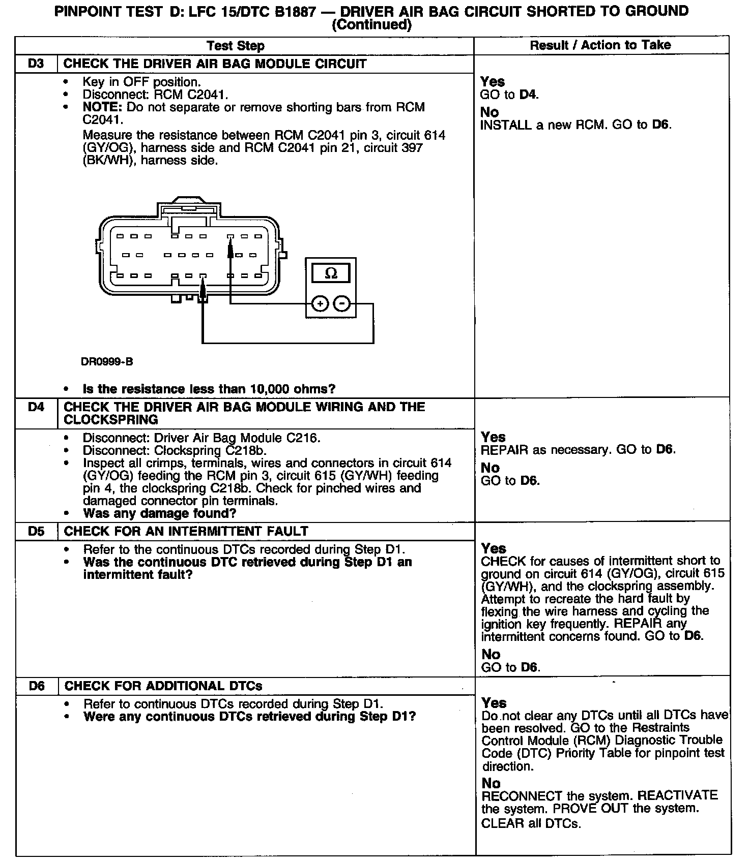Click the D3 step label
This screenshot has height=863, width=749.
click(36, 64)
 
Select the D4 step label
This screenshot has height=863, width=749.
click(36, 407)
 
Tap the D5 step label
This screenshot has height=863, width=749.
click(36, 532)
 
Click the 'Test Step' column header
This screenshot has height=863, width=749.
click(236, 46)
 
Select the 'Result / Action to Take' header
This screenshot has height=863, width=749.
click(600, 45)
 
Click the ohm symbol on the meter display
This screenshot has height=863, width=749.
click(331, 273)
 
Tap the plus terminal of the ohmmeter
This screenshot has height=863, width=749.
click(320, 304)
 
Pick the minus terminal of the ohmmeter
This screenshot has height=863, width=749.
click(342, 304)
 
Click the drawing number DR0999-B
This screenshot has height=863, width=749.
click(107, 362)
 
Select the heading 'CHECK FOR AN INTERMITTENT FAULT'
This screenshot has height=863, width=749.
click(186, 532)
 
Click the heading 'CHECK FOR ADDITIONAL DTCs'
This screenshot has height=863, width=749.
click(163, 686)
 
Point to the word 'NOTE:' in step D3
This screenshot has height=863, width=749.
click(103, 107)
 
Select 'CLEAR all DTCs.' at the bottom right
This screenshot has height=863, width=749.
click(531, 823)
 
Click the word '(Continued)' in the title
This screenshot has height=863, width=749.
click(371, 24)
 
